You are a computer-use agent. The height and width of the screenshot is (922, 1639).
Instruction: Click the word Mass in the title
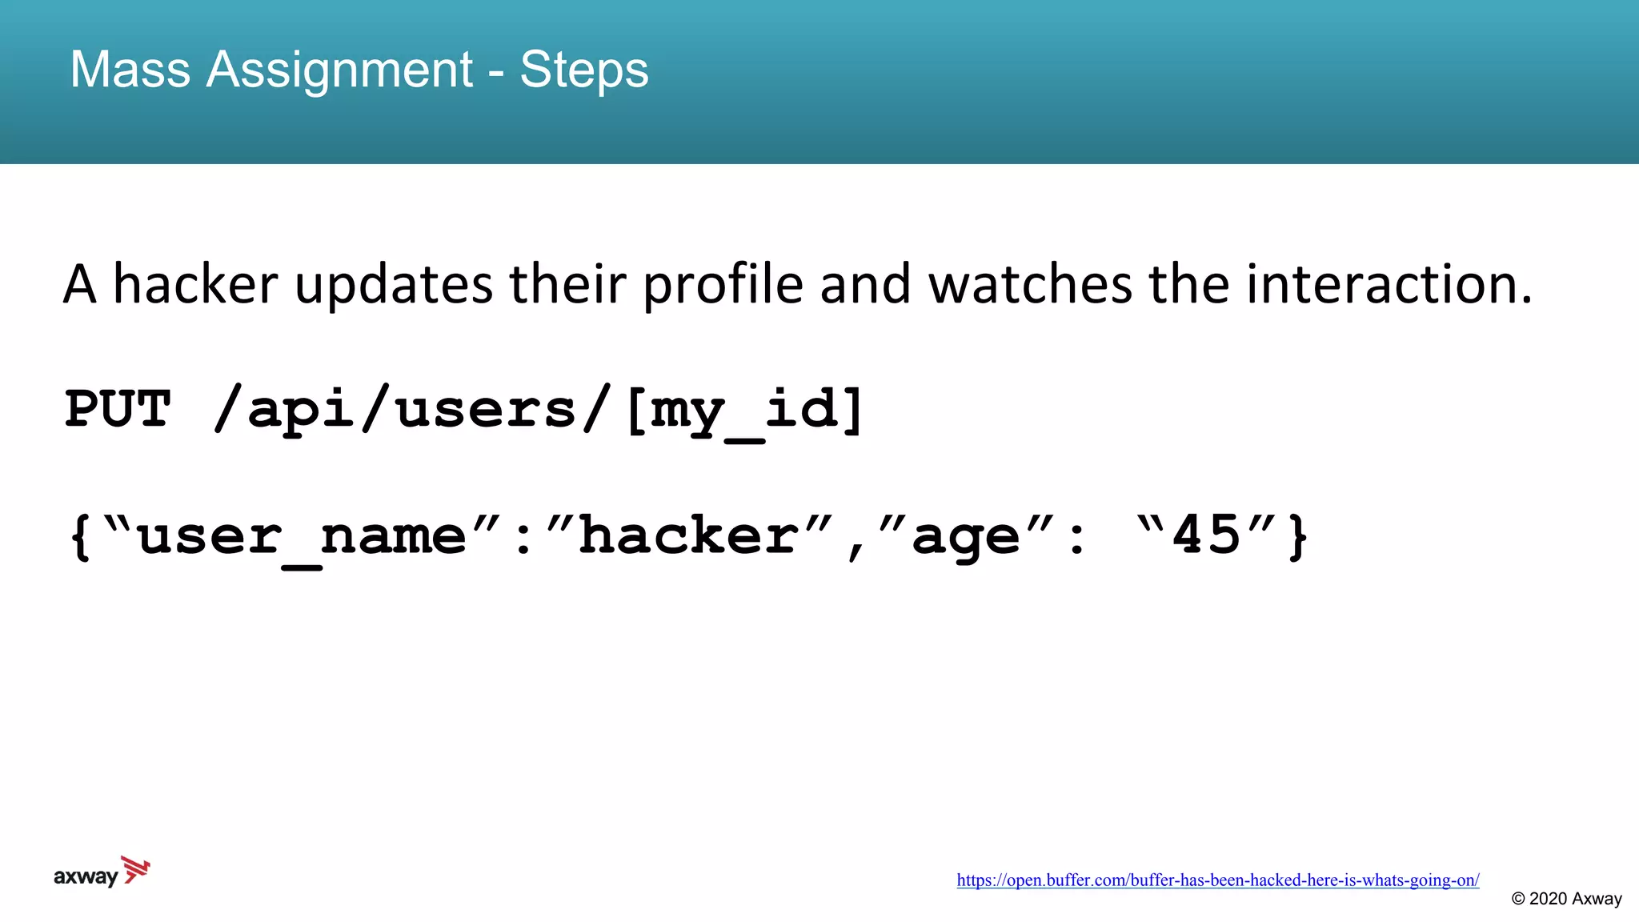click(130, 70)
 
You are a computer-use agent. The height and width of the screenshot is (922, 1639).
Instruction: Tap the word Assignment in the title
click(339, 70)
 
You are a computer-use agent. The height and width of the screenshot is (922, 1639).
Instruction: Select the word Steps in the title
click(583, 70)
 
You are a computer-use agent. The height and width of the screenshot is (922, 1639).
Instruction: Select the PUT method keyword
click(118, 410)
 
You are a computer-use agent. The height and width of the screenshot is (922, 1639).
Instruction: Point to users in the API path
click(485, 410)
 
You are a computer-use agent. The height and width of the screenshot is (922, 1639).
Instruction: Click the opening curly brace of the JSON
click(80, 536)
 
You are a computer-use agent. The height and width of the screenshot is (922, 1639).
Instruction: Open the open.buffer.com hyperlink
click(1217, 880)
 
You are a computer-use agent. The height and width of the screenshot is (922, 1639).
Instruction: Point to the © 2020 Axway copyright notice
click(1566, 899)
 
